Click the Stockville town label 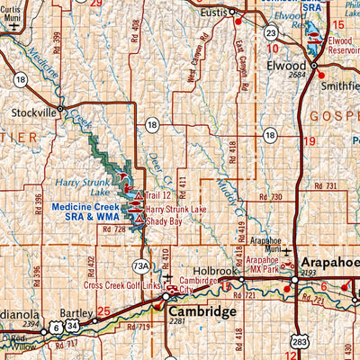[31, 113]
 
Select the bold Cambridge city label [202, 310]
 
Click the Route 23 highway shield [270, 32]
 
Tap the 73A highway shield [141, 265]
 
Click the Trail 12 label [157, 195]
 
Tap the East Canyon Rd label [240, 58]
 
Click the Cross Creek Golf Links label [120, 285]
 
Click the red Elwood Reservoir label [342, 46]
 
